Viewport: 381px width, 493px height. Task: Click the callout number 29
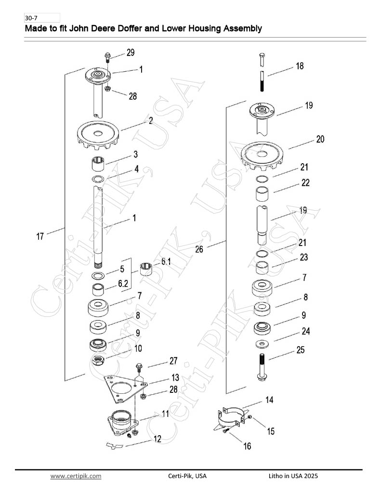coord(131,52)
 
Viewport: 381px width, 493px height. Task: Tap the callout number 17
coord(40,236)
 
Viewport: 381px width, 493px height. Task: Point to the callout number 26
coord(199,249)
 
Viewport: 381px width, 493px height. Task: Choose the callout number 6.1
coord(166,261)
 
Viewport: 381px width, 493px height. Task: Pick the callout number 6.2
coord(123,284)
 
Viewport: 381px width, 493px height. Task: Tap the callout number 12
coord(158,439)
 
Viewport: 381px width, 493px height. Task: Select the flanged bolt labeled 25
coord(262,367)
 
